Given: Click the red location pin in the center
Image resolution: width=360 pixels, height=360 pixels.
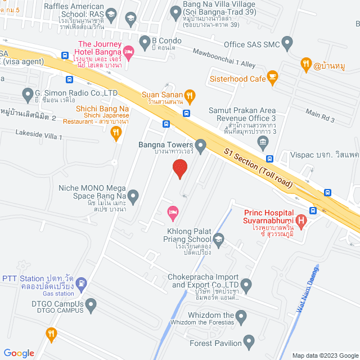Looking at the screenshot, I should [179, 168].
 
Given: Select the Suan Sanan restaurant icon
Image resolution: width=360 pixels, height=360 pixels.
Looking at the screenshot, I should [190, 96].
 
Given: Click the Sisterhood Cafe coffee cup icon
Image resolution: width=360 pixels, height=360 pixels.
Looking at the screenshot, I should [272, 76].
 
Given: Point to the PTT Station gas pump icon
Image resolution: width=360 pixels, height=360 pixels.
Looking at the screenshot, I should [82, 282].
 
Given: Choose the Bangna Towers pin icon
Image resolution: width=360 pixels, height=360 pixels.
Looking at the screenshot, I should [200, 145].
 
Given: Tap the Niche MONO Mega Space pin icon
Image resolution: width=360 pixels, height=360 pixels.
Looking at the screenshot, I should [133, 196].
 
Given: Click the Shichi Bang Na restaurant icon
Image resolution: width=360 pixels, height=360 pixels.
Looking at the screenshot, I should [116, 133].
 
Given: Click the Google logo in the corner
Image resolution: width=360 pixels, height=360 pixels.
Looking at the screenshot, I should [19, 353].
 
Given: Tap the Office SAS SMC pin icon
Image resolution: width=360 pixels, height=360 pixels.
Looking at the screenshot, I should [287, 42].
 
